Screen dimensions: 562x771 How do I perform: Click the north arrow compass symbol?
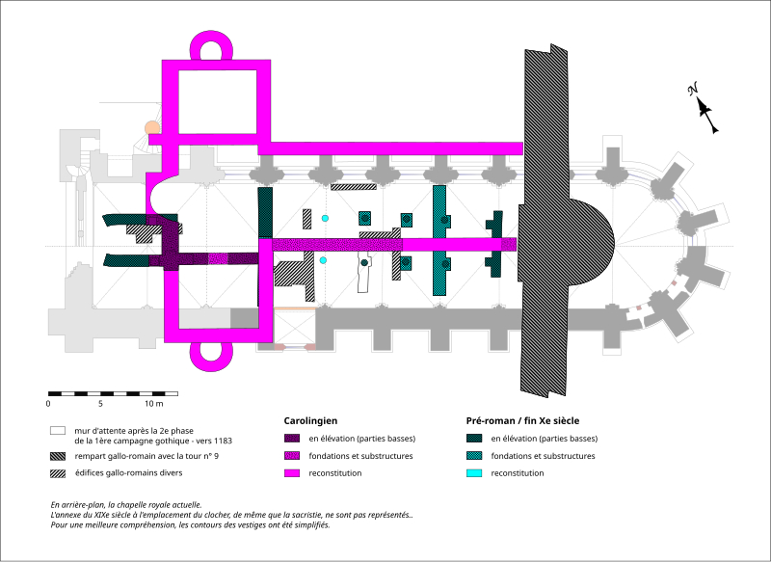(x=704, y=108)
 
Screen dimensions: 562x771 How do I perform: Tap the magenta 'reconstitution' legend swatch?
(x=291, y=473)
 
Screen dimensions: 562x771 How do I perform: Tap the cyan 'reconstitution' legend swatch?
(x=472, y=473)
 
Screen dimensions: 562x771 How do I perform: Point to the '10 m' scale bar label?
(x=168, y=403)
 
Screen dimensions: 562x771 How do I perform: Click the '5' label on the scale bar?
(x=114, y=403)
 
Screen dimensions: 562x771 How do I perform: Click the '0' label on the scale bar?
(x=48, y=403)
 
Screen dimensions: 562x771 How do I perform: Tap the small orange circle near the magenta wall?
(x=151, y=127)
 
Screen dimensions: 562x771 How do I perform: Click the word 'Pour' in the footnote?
(x=61, y=526)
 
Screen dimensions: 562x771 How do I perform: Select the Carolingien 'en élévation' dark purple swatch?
(x=291, y=439)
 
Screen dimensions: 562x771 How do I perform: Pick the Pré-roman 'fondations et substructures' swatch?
(x=472, y=456)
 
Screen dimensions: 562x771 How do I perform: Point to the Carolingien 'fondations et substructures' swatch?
(x=291, y=456)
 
